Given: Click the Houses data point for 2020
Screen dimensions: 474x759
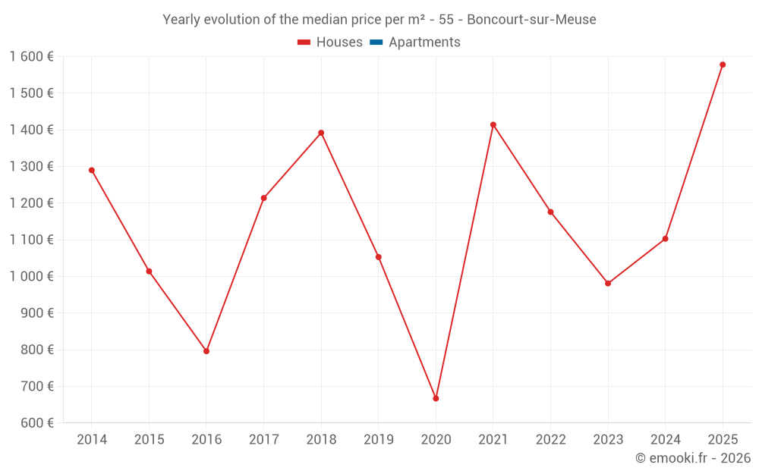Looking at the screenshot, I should (x=436, y=398).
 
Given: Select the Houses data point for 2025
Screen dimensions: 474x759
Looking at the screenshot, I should (x=723, y=64).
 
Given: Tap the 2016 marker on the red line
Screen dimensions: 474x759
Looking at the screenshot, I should (x=206, y=351).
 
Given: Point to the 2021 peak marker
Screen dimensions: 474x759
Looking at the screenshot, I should (x=493, y=124).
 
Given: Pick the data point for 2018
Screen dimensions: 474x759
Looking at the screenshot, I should (x=321, y=133).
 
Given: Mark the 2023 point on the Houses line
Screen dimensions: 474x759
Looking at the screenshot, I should (x=608, y=283).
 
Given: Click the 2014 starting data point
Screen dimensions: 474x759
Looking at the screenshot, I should (x=92, y=170).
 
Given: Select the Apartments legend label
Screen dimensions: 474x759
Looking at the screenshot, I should (x=424, y=42).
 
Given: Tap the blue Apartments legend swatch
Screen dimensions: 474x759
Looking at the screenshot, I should (x=376, y=42).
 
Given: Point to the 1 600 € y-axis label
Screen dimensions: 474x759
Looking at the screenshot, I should (x=31, y=57).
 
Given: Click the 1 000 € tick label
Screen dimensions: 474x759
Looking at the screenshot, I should (x=31, y=277).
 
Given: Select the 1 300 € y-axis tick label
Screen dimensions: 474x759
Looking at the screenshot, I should (x=31, y=167).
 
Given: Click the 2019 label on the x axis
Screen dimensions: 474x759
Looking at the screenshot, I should (x=378, y=440).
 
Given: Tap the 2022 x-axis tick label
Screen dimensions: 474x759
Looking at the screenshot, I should (x=550, y=440).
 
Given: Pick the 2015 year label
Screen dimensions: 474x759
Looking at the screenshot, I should (x=149, y=440).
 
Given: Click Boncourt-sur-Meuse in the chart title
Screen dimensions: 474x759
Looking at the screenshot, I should (x=531, y=19).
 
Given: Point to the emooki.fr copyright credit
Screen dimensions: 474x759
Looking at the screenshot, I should (x=693, y=458).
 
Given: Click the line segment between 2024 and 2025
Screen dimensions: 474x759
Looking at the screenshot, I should (x=694, y=152).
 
